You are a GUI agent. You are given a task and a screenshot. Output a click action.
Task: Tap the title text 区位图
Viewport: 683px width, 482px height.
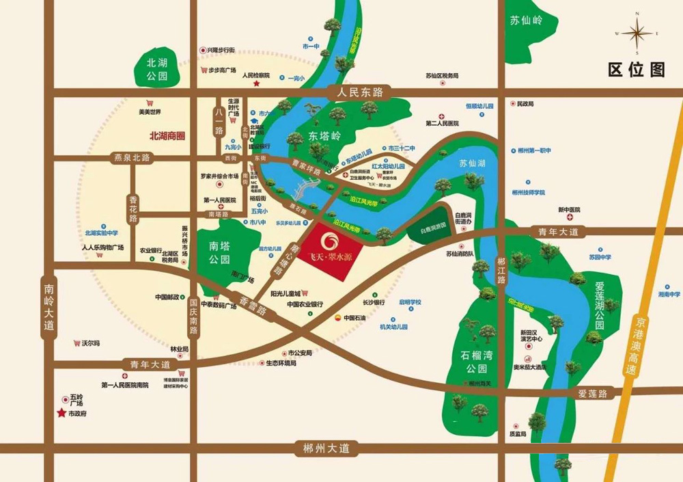[x=636, y=70]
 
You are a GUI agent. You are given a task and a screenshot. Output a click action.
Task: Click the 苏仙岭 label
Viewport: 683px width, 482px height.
[x=525, y=21]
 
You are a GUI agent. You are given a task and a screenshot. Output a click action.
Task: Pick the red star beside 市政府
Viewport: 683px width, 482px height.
[x=61, y=414]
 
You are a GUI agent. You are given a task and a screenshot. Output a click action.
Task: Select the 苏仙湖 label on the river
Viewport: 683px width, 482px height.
[x=472, y=163]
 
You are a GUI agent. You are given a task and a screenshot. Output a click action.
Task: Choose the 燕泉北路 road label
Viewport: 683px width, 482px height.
[x=133, y=158]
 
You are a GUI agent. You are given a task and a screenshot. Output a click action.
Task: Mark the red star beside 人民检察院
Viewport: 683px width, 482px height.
[x=257, y=83]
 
